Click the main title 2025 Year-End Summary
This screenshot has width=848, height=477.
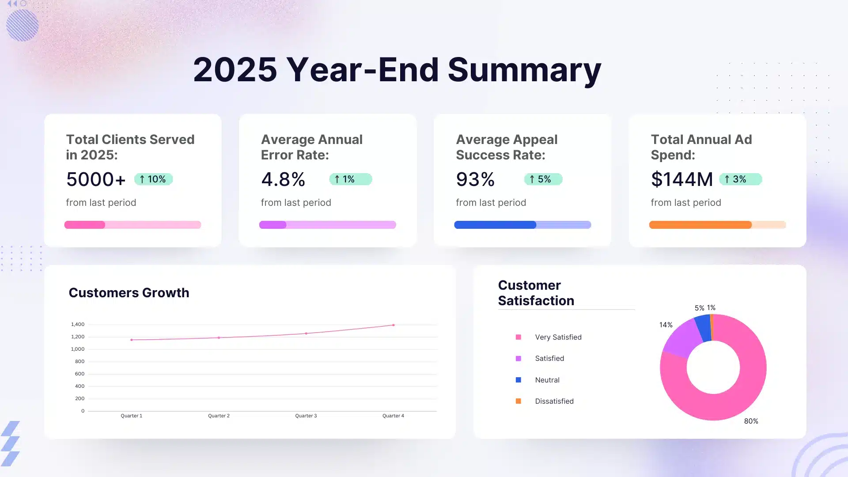[397, 70]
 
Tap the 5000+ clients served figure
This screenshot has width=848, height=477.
[96, 179]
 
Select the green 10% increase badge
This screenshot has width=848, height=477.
[153, 179]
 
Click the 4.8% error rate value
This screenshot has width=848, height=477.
[283, 179]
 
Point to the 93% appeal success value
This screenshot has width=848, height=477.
[475, 179]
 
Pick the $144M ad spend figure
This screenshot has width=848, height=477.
[681, 179]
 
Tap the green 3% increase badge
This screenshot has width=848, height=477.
[740, 179]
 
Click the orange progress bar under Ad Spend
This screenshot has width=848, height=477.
[700, 225]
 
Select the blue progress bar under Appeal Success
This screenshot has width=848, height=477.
[495, 225]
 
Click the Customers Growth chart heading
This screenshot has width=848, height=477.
[129, 293]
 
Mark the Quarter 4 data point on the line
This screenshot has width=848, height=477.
[394, 325]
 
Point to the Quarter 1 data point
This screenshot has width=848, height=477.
[132, 340]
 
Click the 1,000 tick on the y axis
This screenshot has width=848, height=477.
[78, 349]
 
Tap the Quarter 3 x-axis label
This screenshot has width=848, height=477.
[306, 416]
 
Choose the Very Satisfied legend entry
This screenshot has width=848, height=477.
[558, 337]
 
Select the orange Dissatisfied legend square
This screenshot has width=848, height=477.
[518, 401]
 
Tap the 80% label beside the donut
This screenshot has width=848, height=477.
[751, 421]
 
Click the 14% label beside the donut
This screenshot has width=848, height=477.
[666, 325]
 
